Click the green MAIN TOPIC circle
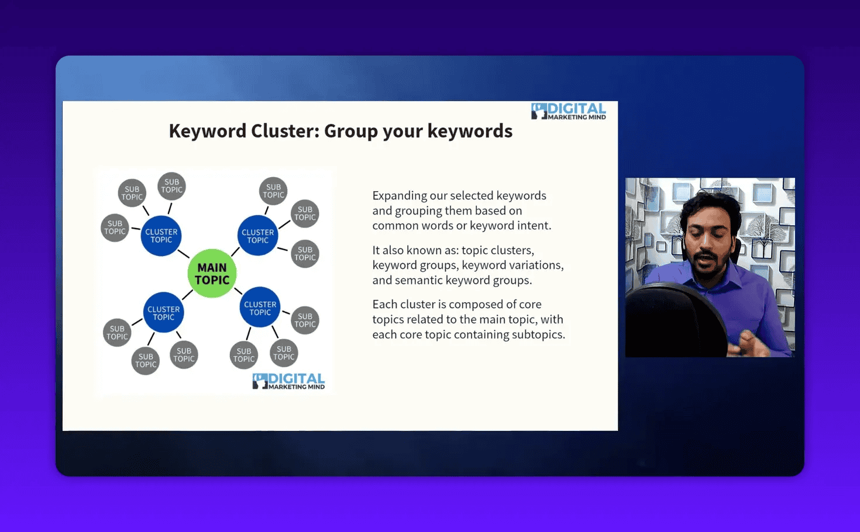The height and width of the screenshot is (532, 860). tap(212, 274)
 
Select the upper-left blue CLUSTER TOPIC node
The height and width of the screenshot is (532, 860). tap(161, 236)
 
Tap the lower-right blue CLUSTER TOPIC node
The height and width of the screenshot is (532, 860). tap(260, 308)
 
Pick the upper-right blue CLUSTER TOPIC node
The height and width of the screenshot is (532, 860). tap(257, 236)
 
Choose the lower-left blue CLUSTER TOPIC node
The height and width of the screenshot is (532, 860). tap(163, 313)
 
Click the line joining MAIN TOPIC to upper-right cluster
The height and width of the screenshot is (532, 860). tap(235, 252)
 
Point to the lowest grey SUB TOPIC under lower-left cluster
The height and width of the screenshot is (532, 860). tap(146, 361)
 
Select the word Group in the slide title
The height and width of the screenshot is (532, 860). tap(351, 131)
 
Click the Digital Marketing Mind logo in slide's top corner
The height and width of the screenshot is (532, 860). tap(569, 111)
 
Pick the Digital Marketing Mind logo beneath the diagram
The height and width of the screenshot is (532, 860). tap(288, 381)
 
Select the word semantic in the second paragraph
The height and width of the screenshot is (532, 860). tap(419, 281)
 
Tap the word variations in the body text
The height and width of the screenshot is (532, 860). tap(535, 265)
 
